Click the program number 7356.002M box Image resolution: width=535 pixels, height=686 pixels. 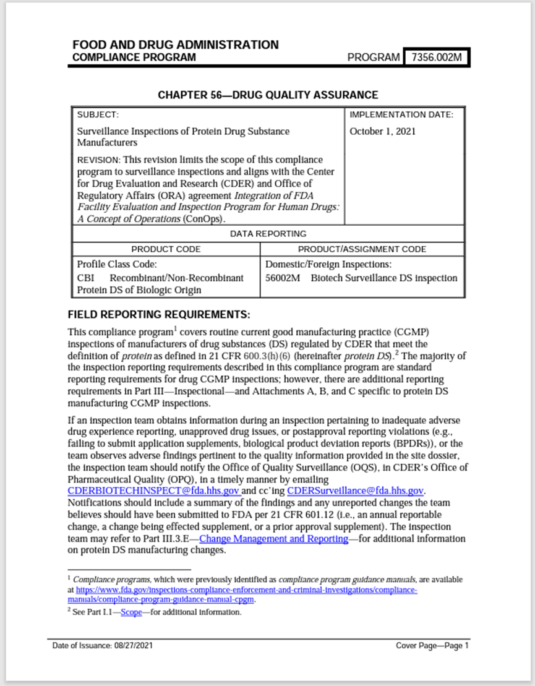tap(435, 58)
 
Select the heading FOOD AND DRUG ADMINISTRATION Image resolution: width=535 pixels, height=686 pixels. tap(175, 45)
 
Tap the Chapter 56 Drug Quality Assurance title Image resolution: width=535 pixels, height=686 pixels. tap(268, 95)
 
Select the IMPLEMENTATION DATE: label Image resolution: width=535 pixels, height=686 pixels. tap(401, 115)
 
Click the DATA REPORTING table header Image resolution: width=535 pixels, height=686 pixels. tap(268, 234)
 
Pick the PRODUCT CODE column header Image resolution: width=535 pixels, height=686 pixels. tap(166, 249)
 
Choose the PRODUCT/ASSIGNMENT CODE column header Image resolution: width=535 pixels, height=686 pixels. tap(362, 249)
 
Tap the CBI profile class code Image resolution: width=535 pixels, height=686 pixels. tap(85, 278)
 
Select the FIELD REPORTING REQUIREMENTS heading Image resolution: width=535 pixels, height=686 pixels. tap(158, 314)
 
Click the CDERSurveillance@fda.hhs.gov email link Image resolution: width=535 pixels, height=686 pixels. tap(355, 491)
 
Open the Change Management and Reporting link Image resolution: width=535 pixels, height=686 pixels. tap(273, 539)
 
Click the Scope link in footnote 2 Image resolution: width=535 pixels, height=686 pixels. tap(131, 612)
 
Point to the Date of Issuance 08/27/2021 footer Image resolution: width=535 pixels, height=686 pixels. tap(103, 646)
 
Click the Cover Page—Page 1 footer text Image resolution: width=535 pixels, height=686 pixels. tap(432, 646)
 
